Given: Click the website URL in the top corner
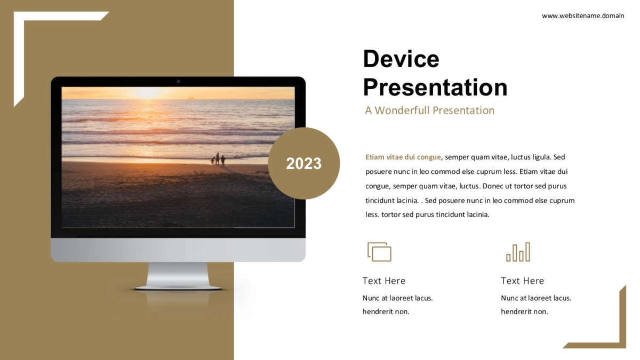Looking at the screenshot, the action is [583, 16].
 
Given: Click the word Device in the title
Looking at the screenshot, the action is [401, 59].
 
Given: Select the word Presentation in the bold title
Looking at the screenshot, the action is [435, 87].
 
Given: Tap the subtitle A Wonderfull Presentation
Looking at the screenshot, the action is [430, 110].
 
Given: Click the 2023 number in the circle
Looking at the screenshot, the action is [303, 163].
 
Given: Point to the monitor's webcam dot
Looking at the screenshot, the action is [178, 82].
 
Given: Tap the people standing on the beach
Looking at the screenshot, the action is [218, 159].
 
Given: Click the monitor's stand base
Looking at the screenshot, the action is [178, 288].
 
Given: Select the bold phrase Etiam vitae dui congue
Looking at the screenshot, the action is [403, 157].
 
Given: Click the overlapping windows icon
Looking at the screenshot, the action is [379, 252].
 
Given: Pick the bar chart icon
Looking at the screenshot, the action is [518, 252].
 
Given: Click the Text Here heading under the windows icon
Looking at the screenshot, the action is [384, 281].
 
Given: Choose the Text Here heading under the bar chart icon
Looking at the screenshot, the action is [522, 281].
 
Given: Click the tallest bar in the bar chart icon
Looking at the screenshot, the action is [527, 252].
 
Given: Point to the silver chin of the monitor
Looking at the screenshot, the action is [178, 250].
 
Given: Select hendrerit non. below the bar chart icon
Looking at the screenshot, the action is [525, 311].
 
